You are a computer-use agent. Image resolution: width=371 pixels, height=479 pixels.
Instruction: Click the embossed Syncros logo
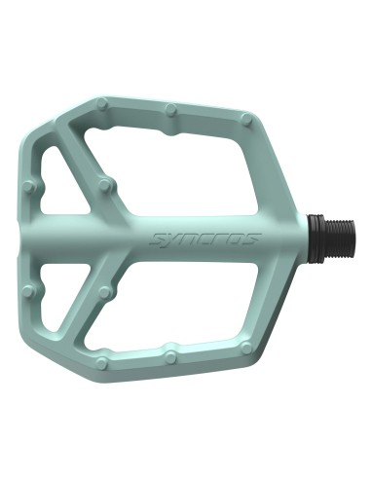click(204, 239)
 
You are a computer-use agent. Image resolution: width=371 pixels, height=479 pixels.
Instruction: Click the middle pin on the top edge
click(171, 109)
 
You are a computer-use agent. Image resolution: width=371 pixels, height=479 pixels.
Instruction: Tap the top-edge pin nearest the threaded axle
click(247, 120)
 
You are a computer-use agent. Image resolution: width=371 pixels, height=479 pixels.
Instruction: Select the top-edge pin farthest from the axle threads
click(102, 104)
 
